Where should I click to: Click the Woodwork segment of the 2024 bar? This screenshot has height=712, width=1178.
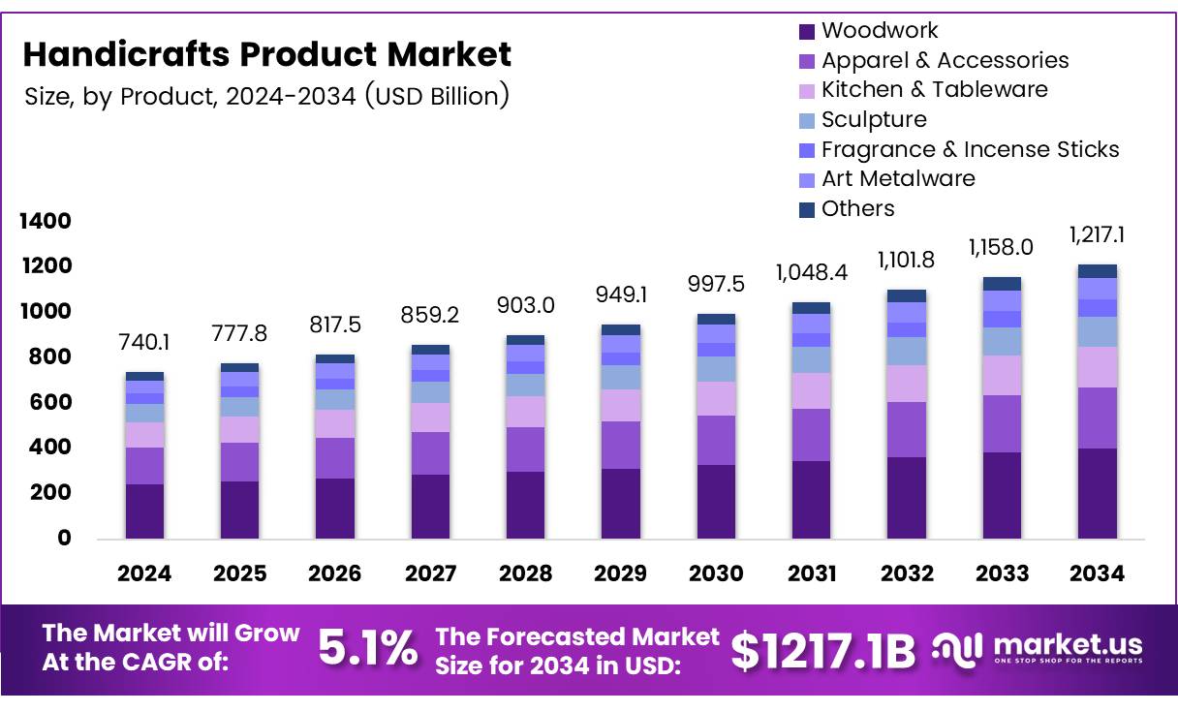144,511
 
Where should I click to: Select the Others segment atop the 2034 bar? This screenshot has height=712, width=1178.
1098,271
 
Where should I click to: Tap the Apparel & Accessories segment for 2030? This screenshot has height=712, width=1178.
716,440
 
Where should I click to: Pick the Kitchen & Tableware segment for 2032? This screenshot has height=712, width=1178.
907,384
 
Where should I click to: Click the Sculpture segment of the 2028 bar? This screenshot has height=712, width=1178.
525,385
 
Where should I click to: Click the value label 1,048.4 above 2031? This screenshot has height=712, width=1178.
812,272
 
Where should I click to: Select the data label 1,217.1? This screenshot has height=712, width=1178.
1098,234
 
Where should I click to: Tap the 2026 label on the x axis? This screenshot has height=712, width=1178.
334,573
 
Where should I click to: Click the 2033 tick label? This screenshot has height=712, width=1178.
1002,573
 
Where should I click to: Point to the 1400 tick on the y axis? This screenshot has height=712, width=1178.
46,221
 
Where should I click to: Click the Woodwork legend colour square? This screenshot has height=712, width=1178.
807,31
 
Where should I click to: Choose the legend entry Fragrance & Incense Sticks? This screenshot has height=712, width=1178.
970,149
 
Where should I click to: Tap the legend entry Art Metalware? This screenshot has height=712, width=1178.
898,178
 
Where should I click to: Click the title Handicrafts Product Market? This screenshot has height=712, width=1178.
266,54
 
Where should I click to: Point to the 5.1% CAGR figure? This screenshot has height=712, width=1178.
368,649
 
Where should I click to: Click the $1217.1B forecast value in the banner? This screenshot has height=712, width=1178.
822,651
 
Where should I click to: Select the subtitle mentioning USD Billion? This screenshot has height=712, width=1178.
266,97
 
